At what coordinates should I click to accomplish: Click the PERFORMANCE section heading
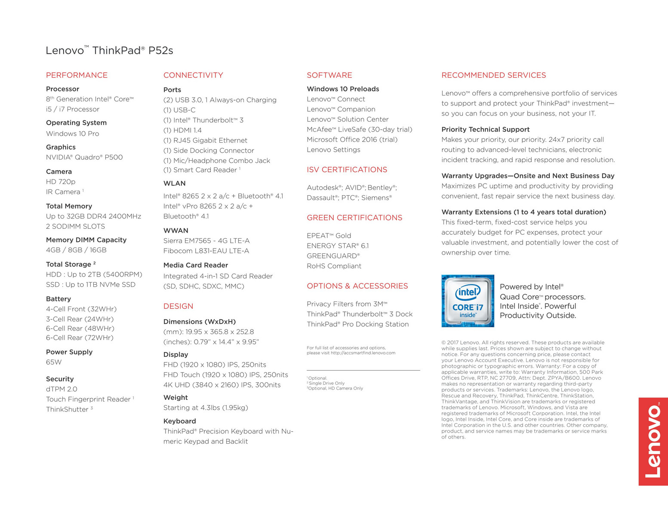click(x=77, y=75)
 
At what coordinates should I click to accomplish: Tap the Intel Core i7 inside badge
click(x=468, y=301)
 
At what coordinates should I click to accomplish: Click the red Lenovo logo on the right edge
click(x=653, y=441)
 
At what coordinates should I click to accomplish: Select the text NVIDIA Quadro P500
click(x=84, y=157)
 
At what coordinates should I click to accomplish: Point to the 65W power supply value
click(x=54, y=362)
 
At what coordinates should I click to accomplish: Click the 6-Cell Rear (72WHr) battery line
click(x=80, y=338)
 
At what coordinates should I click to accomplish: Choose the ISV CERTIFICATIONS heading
click(x=347, y=170)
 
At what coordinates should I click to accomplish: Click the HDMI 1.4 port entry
click(x=182, y=130)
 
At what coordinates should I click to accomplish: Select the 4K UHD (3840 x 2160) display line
click(x=222, y=385)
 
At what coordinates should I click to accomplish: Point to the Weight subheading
click(x=175, y=398)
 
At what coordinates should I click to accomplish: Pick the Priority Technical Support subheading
click(x=485, y=129)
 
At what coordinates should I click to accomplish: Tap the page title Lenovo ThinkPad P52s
click(x=109, y=50)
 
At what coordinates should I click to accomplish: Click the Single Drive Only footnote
click(x=326, y=383)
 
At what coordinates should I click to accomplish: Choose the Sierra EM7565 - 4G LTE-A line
click(x=206, y=241)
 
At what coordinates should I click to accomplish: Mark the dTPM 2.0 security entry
click(x=62, y=389)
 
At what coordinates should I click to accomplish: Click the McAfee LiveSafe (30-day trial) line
click(x=359, y=129)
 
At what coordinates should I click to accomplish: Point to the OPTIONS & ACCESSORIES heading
click(x=357, y=286)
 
